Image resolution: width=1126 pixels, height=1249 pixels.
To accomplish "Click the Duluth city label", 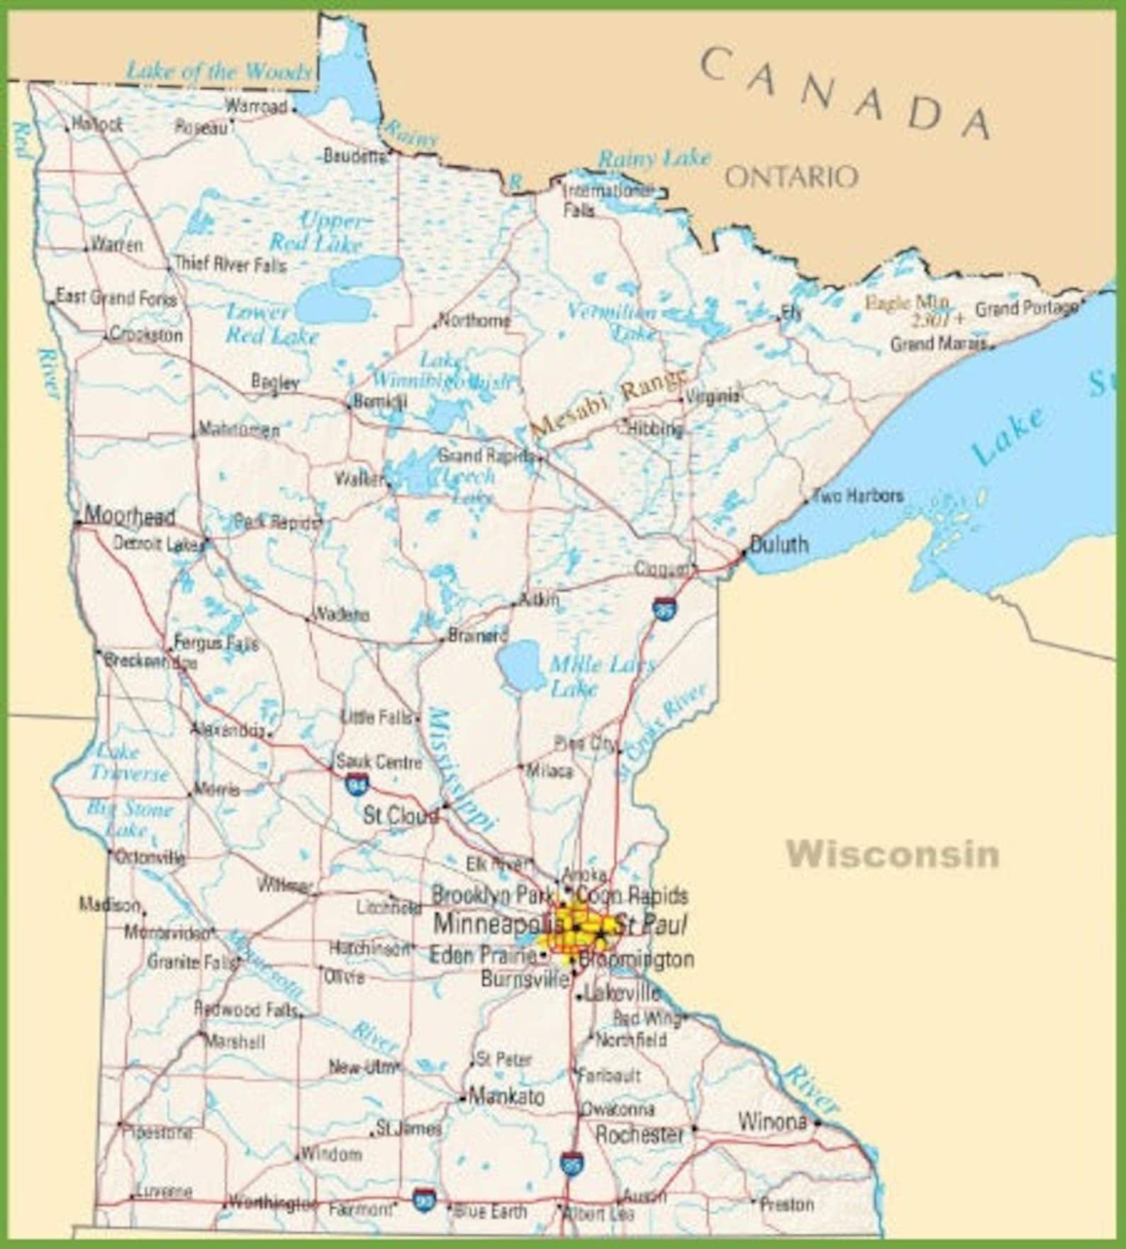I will point(779,544).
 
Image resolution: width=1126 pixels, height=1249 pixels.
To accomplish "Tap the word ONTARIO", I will point(791,177).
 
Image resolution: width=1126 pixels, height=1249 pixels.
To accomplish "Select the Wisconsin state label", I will point(893,854).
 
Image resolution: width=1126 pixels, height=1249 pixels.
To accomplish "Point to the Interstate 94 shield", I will point(357,784).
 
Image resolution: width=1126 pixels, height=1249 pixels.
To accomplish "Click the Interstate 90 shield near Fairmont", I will point(424,1199).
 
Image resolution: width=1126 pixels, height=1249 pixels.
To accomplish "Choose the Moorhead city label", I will point(129,516).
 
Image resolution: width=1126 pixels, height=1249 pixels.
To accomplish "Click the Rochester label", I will point(640,1135).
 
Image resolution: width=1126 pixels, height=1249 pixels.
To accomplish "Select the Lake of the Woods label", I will point(218,71).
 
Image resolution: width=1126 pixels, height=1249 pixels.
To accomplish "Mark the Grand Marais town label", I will point(938,344).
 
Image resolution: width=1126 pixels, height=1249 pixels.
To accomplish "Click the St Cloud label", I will point(401,816).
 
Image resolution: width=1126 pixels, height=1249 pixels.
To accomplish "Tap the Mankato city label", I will point(507,1097).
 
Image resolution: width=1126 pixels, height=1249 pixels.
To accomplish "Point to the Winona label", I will point(772,1121).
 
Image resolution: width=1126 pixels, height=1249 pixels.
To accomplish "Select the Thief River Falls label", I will point(230,265).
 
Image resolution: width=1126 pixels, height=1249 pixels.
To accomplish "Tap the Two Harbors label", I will point(858,495).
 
